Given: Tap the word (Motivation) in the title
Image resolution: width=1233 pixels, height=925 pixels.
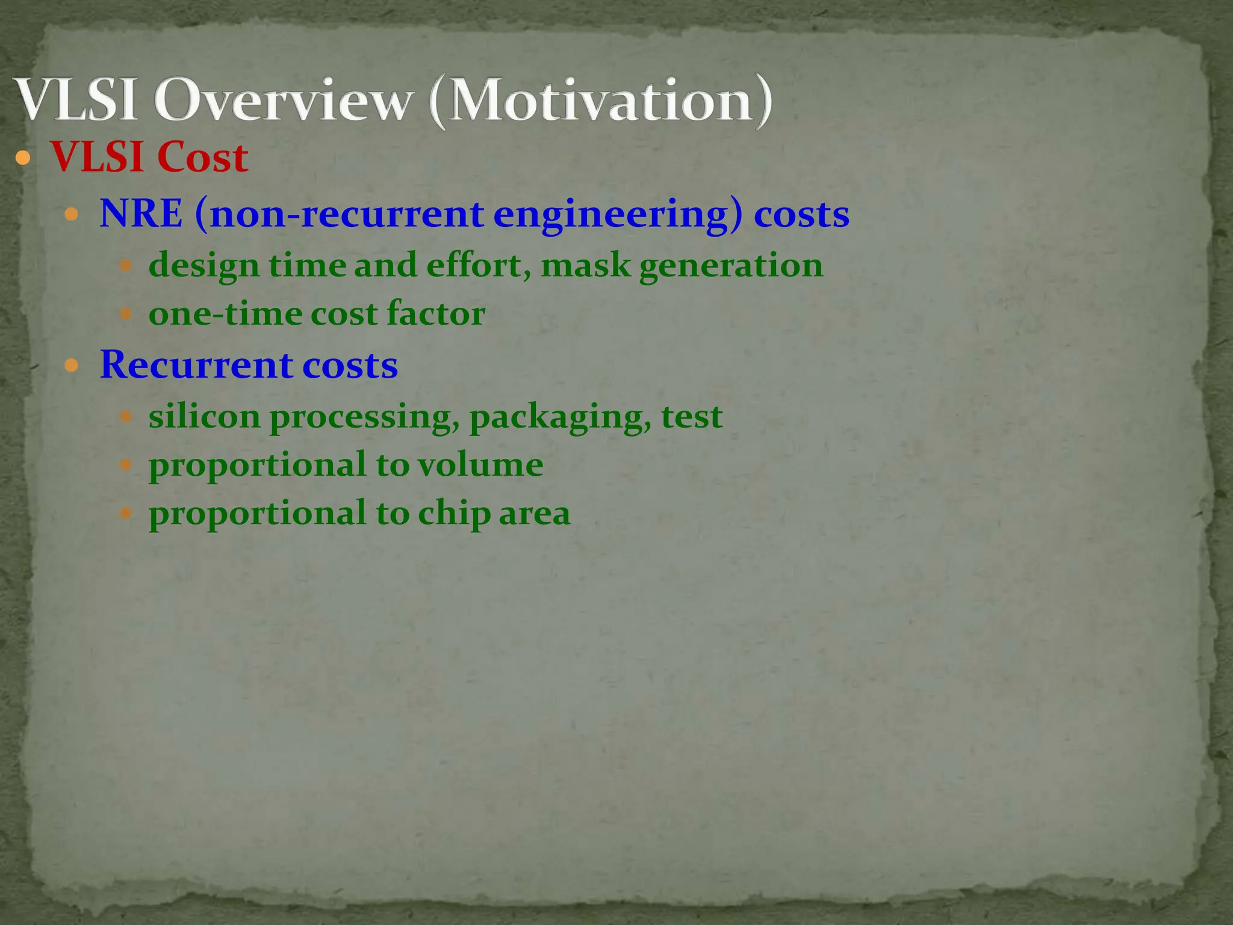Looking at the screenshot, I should [601, 101].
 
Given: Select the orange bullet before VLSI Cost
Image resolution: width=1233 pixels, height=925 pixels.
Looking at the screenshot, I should [23, 159].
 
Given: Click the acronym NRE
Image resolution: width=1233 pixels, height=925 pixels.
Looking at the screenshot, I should [141, 214].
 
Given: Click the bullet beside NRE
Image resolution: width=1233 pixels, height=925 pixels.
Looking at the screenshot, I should [72, 214].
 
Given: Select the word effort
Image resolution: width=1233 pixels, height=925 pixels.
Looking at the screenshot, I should [476, 265].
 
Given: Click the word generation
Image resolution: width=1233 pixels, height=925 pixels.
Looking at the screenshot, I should [731, 266].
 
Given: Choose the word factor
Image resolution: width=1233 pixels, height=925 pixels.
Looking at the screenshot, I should [436, 314].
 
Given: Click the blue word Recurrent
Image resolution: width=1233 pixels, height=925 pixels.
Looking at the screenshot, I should [196, 365].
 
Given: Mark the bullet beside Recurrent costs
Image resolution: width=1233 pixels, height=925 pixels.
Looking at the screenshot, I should [72, 366].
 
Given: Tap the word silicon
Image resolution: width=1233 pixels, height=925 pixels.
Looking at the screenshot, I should [204, 417].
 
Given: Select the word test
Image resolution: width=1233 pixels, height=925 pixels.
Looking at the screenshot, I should [692, 417].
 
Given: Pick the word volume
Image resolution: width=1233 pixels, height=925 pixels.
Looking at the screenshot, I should [480, 465].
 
